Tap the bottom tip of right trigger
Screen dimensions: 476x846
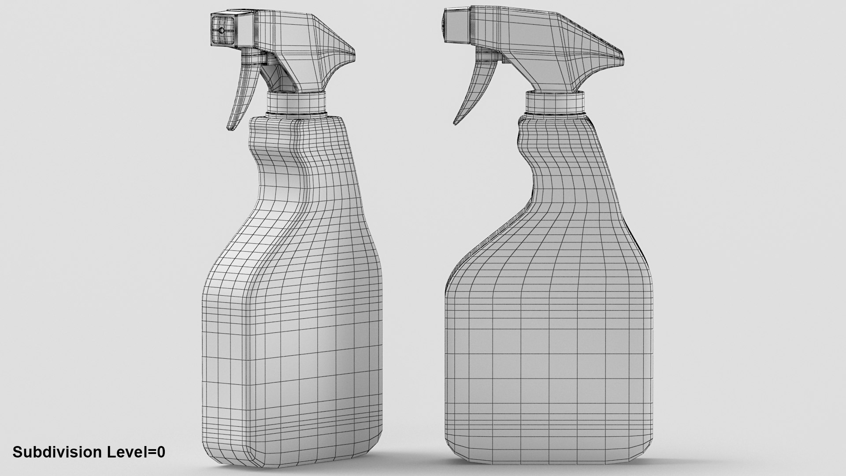[x=456, y=123]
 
